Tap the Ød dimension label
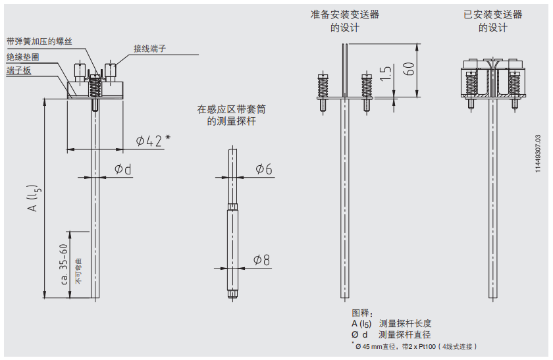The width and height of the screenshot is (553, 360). pos(123,169)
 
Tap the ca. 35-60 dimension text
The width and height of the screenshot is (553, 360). pos(64,264)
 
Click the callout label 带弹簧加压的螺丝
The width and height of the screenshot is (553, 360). pos(39,41)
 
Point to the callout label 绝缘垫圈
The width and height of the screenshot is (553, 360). pos(22,57)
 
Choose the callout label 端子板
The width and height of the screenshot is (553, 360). pos(18,70)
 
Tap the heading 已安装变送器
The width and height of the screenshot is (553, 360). pos(492,14)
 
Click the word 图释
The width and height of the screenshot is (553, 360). pos(363,313)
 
